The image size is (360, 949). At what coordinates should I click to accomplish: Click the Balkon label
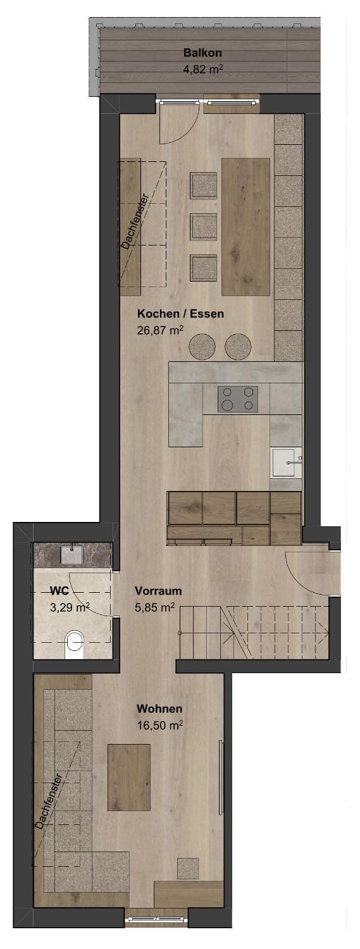point(202,53)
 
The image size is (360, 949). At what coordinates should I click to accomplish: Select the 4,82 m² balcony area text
point(203,68)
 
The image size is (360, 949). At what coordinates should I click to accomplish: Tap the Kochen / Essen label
point(180,314)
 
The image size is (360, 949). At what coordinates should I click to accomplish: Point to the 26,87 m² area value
point(160,330)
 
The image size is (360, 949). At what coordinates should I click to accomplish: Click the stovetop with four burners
point(238,399)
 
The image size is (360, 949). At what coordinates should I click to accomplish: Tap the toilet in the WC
point(75,645)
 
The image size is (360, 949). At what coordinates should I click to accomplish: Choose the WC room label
point(59,590)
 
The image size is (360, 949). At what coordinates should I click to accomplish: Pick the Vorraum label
point(158,590)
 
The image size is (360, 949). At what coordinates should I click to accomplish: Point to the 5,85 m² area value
point(154,607)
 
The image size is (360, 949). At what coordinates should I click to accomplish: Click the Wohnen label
point(159,709)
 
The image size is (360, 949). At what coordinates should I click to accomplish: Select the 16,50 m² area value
point(159,725)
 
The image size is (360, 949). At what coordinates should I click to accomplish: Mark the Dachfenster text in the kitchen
point(134,221)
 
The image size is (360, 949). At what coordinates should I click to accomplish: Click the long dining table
point(245,226)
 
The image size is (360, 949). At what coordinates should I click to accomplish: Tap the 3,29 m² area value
point(70,607)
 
